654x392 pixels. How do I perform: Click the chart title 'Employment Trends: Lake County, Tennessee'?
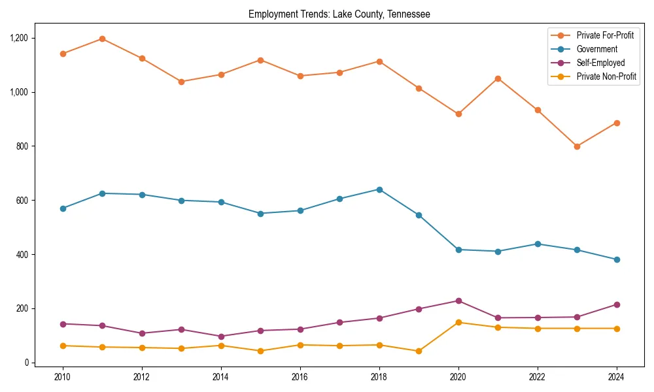[339, 14]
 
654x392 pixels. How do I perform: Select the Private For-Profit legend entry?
[605, 35]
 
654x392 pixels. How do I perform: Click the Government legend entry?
[596, 49]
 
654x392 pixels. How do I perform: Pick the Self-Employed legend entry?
[600, 63]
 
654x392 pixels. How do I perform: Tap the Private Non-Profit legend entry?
[606, 76]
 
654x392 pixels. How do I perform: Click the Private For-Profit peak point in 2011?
[102, 39]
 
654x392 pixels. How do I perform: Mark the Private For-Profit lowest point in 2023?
[577, 146]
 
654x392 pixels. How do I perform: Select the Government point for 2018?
[379, 189]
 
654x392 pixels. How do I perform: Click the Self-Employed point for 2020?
[458, 301]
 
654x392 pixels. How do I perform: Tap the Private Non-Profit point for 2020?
[458, 322]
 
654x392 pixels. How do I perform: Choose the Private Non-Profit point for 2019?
[419, 351]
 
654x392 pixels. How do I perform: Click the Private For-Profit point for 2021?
[498, 78]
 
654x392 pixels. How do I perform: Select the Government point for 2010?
[63, 208]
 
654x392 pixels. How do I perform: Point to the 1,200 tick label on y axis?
[20, 38]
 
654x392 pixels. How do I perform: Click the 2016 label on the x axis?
[300, 377]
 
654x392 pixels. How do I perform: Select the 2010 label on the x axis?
[63, 377]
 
